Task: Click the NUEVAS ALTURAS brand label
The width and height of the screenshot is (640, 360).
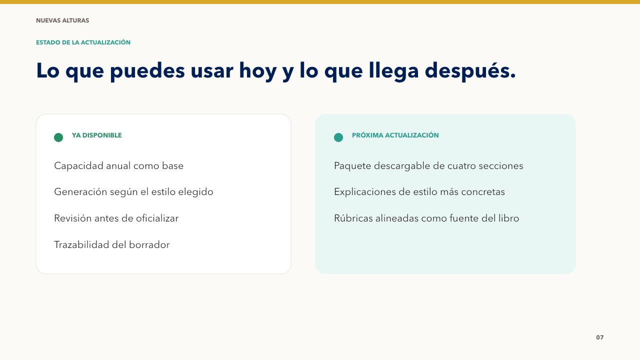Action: coord(62,20)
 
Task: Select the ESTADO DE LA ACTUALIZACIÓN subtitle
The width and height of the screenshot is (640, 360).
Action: coord(83,42)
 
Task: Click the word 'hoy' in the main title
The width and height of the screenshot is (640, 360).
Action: coord(257,71)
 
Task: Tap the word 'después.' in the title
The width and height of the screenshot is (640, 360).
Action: coord(470,71)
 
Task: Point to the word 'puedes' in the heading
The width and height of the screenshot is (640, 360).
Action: coord(147,71)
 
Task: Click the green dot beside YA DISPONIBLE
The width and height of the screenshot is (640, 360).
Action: coord(58,137)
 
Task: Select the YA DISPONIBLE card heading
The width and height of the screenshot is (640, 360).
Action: coord(97,135)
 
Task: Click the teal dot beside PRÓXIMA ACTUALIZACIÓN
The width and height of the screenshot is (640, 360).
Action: coord(338,137)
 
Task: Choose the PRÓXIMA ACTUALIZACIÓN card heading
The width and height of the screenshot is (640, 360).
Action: coord(395,135)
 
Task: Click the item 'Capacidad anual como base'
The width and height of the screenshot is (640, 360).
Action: coord(119,165)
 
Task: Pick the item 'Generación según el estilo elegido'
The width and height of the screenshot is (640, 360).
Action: coord(133,192)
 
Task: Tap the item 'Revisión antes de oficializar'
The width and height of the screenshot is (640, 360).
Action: coord(116,218)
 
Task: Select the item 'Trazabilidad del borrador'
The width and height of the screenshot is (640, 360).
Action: coord(112,245)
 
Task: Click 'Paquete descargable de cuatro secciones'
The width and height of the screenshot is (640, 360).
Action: coord(428,166)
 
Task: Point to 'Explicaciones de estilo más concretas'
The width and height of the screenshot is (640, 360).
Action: coord(419,192)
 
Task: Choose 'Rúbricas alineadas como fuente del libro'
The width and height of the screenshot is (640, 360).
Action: coord(426,218)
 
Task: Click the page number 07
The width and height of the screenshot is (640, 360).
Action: coord(599,337)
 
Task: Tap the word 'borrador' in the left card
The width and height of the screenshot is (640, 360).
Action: coord(149,245)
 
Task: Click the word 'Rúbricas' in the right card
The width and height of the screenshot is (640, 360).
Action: coord(353,218)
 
